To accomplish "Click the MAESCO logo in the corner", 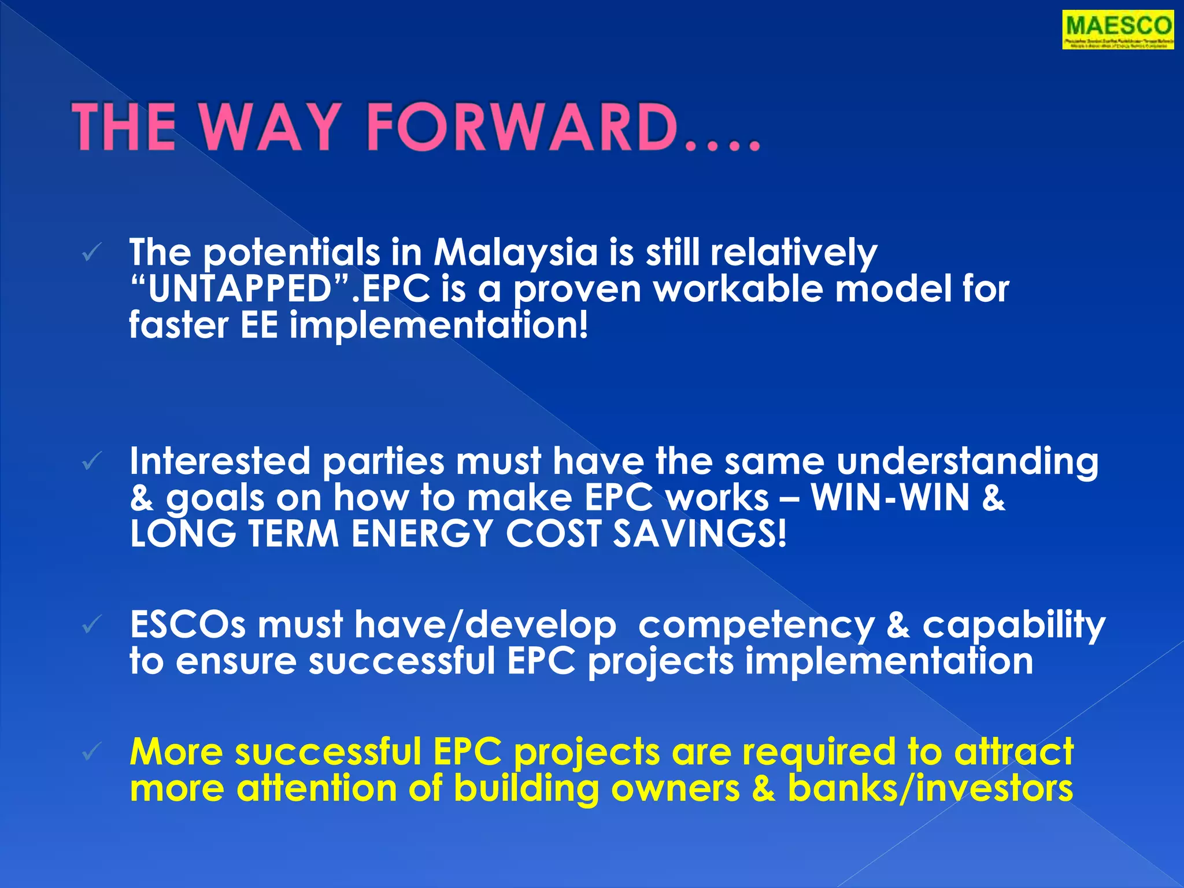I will click(x=1118, y=31).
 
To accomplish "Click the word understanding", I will click(x=967, y=461).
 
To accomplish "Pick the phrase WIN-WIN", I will click(x=890, y=497).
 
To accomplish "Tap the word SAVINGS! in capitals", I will click(x=700, y=533).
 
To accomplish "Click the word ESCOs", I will click(x=188, y=625).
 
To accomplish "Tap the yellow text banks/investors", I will click(x=930, y=788).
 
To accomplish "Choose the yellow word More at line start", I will click(x=176, y=752).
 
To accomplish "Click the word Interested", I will click(x=220, y=461).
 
